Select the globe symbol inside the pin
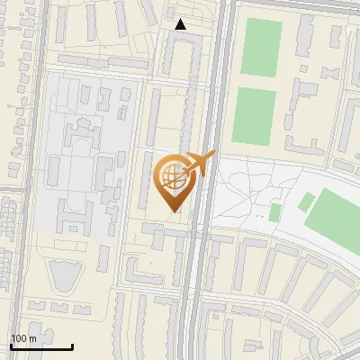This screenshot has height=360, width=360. click(172, 176)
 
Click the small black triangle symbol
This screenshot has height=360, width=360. click(181, 25)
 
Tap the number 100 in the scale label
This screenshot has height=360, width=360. click(18, 338)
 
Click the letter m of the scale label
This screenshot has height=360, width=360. click(33, 338)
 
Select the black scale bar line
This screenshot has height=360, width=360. click(41, 346)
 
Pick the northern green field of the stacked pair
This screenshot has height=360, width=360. click(262, 48)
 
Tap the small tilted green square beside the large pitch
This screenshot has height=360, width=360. click(305, 202)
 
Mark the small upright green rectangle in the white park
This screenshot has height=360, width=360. click(274, 211)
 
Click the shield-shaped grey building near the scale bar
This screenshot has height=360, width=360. click(64, 275)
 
